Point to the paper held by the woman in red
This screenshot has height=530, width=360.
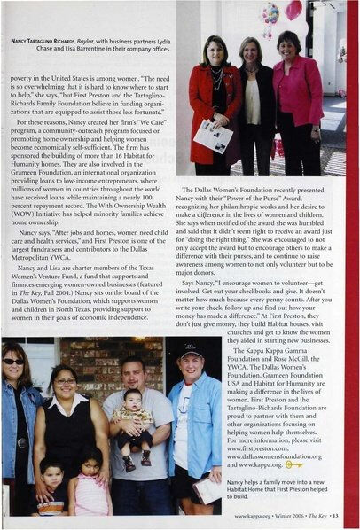[214, 136]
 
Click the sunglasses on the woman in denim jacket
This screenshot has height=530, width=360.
[12, 362]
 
